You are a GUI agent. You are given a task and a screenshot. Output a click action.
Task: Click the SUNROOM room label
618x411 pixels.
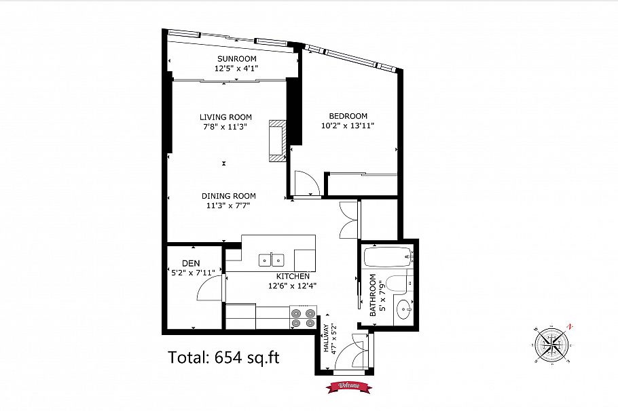click(236, 59)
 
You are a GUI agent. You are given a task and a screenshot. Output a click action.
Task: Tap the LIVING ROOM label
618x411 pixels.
click(225, 117)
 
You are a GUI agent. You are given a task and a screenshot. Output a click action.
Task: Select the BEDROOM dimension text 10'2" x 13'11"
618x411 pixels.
click(348, 126)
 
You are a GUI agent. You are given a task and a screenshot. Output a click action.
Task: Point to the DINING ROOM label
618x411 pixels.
click(229, 196)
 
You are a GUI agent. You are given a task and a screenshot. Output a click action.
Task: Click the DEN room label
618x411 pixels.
click(191, 263)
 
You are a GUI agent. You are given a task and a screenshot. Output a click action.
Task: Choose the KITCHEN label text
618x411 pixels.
click(293, 276)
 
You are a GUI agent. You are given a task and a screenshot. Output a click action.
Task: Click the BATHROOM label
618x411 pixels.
click(373, 295)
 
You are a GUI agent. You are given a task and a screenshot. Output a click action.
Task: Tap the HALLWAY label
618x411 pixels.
click(326, 338)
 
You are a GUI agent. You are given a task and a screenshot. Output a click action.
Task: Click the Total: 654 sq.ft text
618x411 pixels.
click(224, 357)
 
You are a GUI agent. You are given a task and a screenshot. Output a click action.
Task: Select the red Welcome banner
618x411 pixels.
click(349, 386)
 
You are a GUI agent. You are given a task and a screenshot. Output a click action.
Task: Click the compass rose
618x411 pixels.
click(551, 345)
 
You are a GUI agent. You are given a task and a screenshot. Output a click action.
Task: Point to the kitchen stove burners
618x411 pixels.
click(303, 318)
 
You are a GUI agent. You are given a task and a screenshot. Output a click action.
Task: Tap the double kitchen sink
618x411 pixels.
click(272, 260)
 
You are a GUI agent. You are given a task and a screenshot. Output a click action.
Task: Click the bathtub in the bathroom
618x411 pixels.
click(388, 256)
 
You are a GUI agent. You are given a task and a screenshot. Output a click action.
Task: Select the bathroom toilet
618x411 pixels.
click(399, 284)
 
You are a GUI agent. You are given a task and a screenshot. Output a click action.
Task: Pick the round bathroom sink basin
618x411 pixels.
click(403, 310)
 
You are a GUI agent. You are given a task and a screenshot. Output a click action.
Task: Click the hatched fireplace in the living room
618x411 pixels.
click(278, 141)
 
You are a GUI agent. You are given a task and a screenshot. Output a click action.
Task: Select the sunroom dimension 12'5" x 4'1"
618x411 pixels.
click(236, 68)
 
